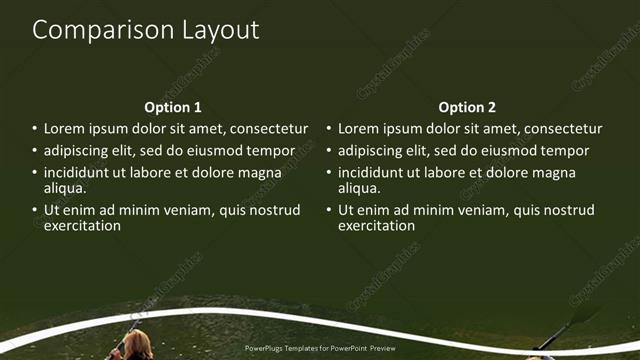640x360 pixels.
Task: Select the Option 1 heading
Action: point(173,107)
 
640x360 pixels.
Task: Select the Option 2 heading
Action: point(467,107)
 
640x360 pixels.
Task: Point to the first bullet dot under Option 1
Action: point(35,129)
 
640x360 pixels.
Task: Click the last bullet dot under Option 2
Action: point(329,210)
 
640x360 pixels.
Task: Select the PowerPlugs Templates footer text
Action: point(320,349)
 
